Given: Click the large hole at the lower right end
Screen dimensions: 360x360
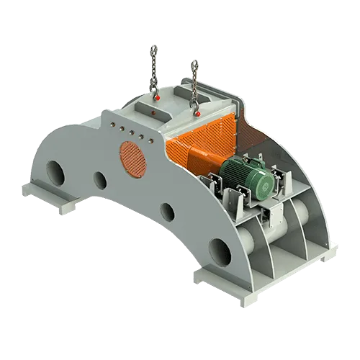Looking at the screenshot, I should [x=220, y=251].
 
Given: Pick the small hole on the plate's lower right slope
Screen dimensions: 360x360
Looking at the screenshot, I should [x=166, y=212].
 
